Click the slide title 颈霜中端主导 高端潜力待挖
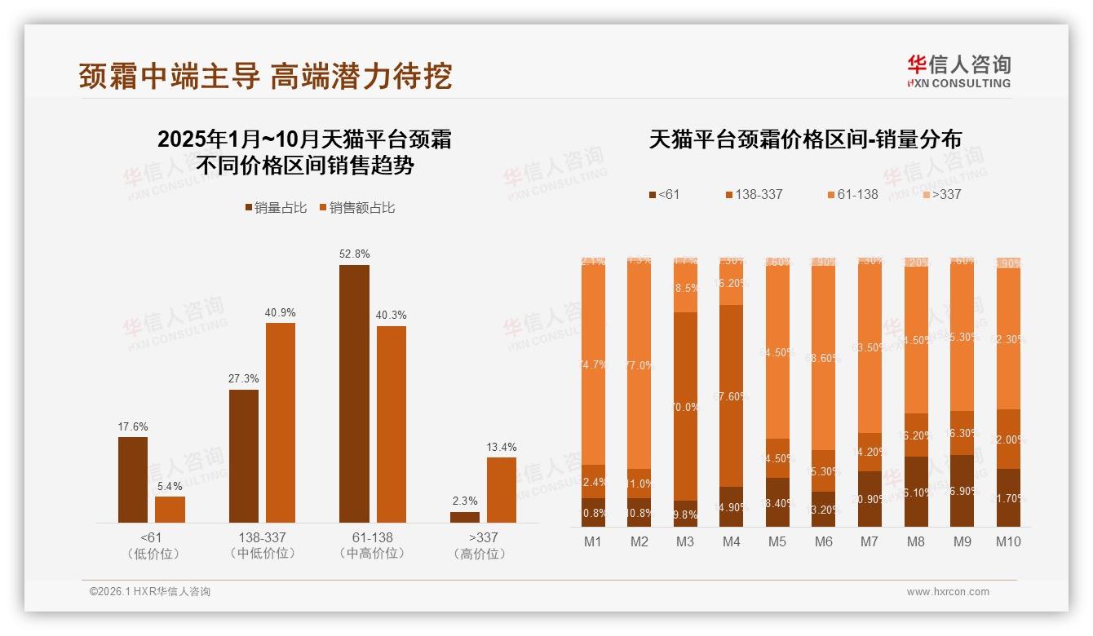tap(265, 76)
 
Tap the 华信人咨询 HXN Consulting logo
tap(958, 71)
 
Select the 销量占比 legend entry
tap(275, 208)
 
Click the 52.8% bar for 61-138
tap(354, 393)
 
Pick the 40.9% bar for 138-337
tap(281, 422)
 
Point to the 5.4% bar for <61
tap(170, 509)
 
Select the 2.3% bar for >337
tap(465, 517)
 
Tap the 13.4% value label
tap(502, 447)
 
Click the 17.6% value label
tap(133, 426)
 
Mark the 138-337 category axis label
tap(263, 537)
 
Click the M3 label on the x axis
tap(685, 541)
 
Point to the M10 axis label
tap(1008, 541)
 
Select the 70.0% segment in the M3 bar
tap(685, 406)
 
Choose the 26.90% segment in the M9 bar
tap(962, 491)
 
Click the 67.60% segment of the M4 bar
tap(732, 395)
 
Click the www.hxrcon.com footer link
tap(948, 592)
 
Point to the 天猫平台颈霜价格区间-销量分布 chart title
tap(805, 139)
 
